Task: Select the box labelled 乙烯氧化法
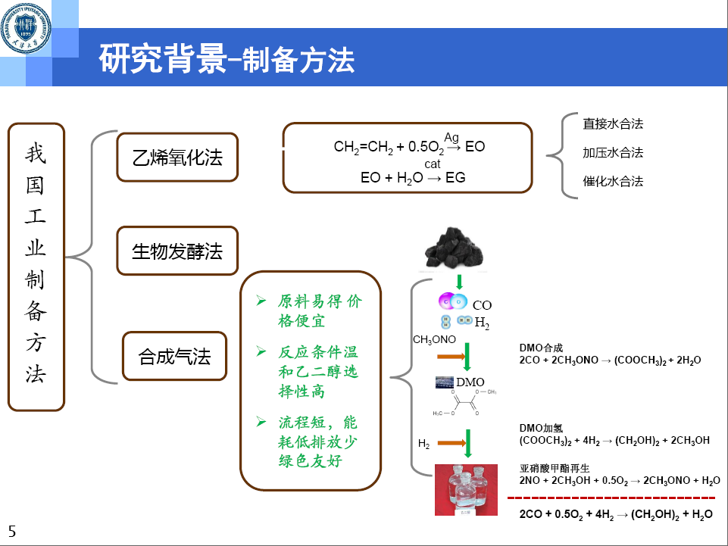[177, 158]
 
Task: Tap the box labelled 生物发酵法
[177, 251]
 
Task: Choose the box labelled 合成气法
[174, 356]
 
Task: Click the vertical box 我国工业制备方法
[36, 267]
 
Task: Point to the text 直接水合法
[612, 123]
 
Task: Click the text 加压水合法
[612, 152]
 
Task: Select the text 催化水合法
[612, 182]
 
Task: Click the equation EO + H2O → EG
[413, 177]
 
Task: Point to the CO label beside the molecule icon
[482, 305]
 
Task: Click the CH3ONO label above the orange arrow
[434, 340]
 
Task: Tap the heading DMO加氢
[541, 428]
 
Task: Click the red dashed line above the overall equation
[611, 498]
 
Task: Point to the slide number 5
[11, 532]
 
